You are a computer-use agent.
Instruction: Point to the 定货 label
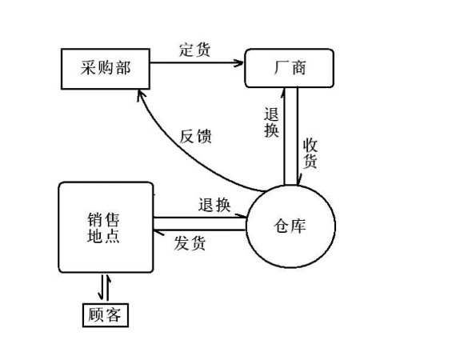coord(194,50)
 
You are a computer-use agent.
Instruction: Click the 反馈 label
coord(195,136)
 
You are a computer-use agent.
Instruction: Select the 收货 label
coord(310,153)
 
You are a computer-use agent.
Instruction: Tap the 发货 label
coord(190,243)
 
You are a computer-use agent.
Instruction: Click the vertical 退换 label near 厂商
coord(271,122)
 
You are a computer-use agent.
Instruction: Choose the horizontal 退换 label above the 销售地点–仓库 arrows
coord(214,205)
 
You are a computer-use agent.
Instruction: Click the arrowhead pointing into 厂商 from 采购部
coord(239,63)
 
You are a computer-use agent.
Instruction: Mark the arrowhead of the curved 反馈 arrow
coord(141,94)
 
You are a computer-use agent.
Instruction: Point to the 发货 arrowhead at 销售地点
coord(158,232)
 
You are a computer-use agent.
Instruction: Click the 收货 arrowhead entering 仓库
coord(299,180)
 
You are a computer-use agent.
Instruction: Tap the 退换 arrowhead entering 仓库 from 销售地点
coord(242,215)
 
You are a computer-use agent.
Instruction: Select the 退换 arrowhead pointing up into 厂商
coord(283,93)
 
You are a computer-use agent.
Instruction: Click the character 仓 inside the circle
coord(281,226)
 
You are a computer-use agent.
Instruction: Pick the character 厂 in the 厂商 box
coord(281,67)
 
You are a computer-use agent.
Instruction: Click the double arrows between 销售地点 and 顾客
coord(104,288)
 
